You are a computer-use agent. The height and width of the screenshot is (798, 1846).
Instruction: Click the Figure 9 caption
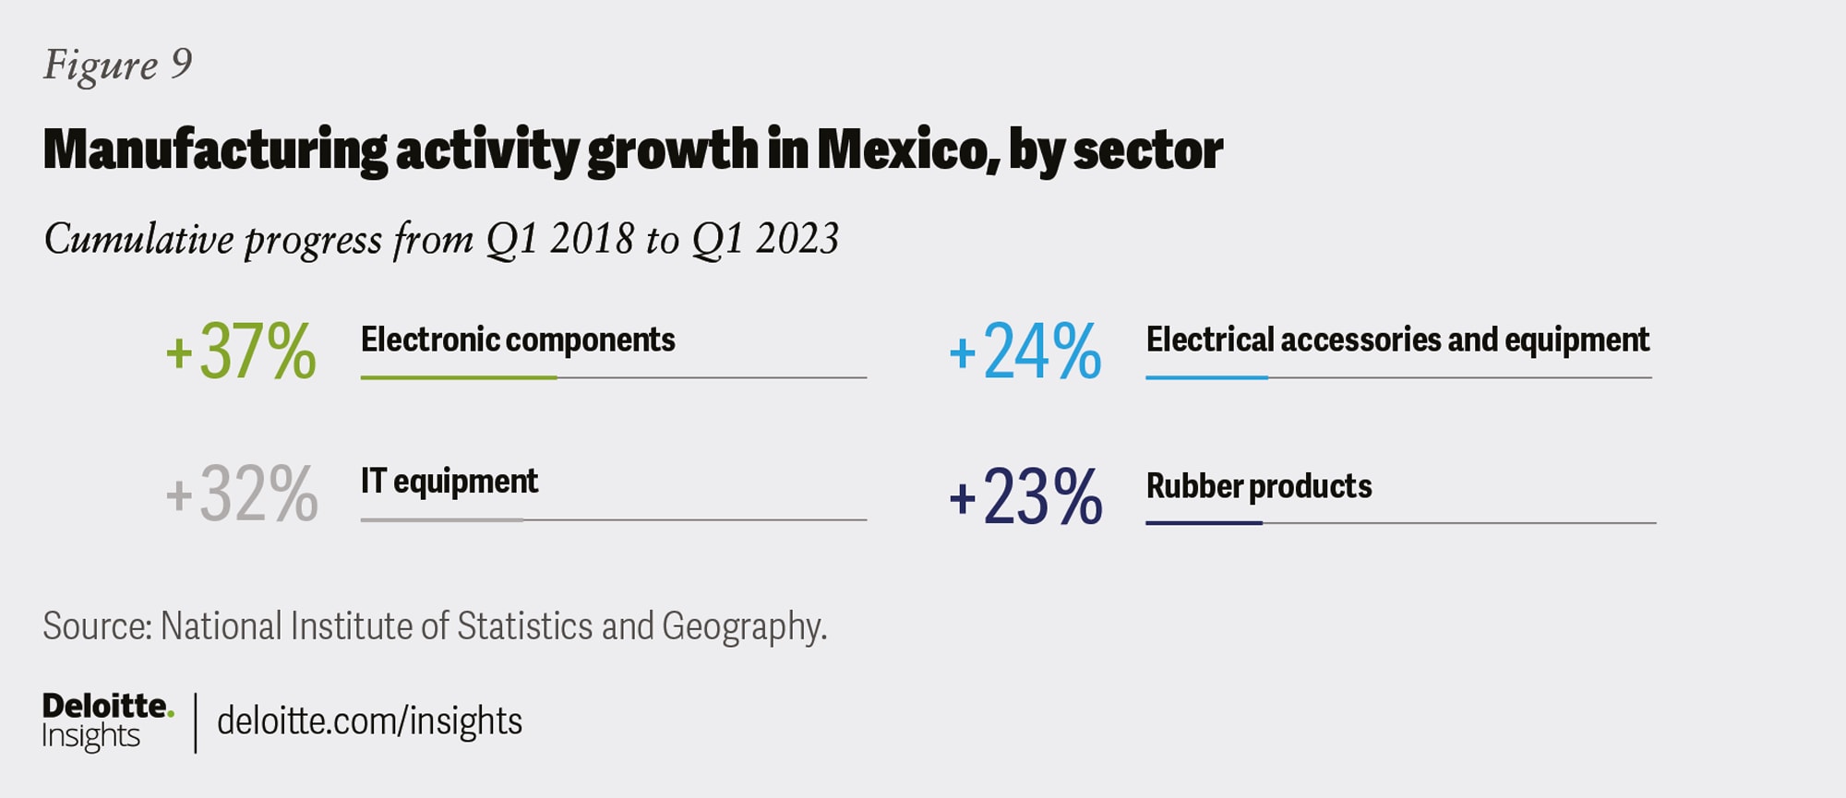(118, 65)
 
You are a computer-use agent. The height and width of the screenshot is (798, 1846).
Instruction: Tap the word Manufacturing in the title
(215, 149)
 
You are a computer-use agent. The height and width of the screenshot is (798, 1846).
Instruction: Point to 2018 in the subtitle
(592, 239)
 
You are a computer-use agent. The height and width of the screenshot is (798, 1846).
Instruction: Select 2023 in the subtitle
(797, 239)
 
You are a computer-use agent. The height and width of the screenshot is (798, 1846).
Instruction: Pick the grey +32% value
(242, 494)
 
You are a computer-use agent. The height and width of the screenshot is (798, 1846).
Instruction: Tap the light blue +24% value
(1025, 351)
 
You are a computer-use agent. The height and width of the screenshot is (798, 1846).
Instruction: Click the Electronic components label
(518, 340)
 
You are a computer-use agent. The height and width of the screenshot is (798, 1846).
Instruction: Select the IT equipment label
(449, 482)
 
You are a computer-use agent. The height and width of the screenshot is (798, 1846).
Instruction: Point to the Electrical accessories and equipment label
(1397, 340)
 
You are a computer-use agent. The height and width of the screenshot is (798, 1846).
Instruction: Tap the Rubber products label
(1259, 486)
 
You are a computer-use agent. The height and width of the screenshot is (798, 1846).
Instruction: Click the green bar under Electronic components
(459, 377)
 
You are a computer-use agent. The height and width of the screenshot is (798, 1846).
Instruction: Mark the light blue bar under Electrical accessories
(1206, 377)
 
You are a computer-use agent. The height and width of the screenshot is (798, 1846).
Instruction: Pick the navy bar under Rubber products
(1204, 523)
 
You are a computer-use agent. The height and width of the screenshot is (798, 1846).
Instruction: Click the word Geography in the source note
(742, 627)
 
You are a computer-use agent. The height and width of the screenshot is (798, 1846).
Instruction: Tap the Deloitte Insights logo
(106, 721)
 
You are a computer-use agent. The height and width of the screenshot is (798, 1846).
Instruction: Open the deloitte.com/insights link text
(369, 721)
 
